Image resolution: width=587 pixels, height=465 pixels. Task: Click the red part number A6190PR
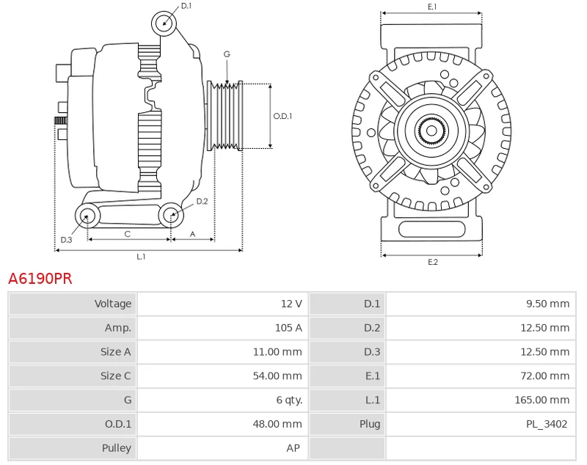[40, 279]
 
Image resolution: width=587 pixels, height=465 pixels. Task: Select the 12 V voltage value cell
[292, 304]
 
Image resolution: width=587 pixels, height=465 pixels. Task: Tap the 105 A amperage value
[288, 328]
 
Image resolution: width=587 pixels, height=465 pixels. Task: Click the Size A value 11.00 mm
[277, 352]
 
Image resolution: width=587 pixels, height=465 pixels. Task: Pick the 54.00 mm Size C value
[277, 376]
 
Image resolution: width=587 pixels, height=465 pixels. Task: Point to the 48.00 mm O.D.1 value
[277, 424]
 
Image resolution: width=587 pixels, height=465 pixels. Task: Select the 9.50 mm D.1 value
[548, 304]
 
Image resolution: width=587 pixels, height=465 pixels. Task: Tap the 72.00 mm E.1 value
[545, 376]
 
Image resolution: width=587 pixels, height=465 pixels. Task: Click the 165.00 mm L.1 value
[542, 400]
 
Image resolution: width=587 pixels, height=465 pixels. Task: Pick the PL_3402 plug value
[547, 424]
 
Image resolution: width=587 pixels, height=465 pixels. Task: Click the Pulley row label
[117, 448]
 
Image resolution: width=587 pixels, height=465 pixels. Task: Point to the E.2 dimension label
[432, 263]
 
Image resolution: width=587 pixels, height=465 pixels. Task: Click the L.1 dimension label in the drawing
[141, 257]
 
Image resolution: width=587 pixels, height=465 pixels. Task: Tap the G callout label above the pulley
[227, 54]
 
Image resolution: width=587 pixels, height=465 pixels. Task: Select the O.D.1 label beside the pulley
[282, 116]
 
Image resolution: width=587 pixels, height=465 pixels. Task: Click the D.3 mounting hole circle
[88, 216]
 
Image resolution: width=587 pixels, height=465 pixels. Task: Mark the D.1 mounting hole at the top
[164, 23]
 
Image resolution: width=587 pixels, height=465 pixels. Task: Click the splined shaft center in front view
[431, 131]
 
